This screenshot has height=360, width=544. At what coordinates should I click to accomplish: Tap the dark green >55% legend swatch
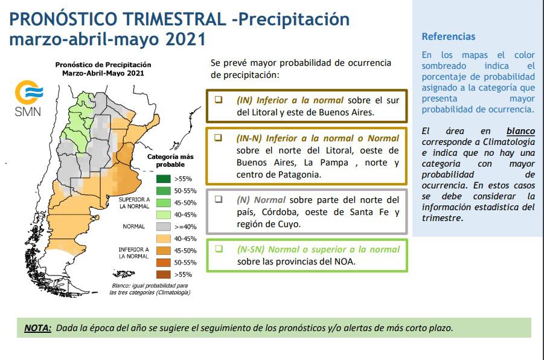[164, 179]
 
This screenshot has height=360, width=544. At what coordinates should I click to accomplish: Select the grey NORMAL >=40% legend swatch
[164, 227]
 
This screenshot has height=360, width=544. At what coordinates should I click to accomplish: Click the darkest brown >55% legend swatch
[164, 274]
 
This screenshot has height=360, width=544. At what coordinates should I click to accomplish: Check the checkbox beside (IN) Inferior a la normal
[218, 100]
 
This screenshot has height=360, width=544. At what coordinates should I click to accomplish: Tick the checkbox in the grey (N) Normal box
[218, 199]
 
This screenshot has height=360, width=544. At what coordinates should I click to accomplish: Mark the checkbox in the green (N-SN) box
[219, 249]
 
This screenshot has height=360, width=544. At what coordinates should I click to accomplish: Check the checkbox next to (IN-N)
[218, 138]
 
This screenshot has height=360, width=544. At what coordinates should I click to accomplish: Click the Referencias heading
[448, 36]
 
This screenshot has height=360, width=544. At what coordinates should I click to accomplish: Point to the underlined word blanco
[520, 131]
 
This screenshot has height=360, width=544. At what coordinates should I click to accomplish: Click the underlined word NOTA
[38, 328]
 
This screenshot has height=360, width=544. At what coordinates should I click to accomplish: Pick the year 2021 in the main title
[185, 39]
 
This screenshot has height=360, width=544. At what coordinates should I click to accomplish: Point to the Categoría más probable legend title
[170, 161]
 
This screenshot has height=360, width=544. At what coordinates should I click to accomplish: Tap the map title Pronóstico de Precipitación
[103, 65]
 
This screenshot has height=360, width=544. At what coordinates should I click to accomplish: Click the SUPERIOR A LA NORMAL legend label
[134, 203]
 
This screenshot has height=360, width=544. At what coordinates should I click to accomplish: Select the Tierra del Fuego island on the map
[124, 274]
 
